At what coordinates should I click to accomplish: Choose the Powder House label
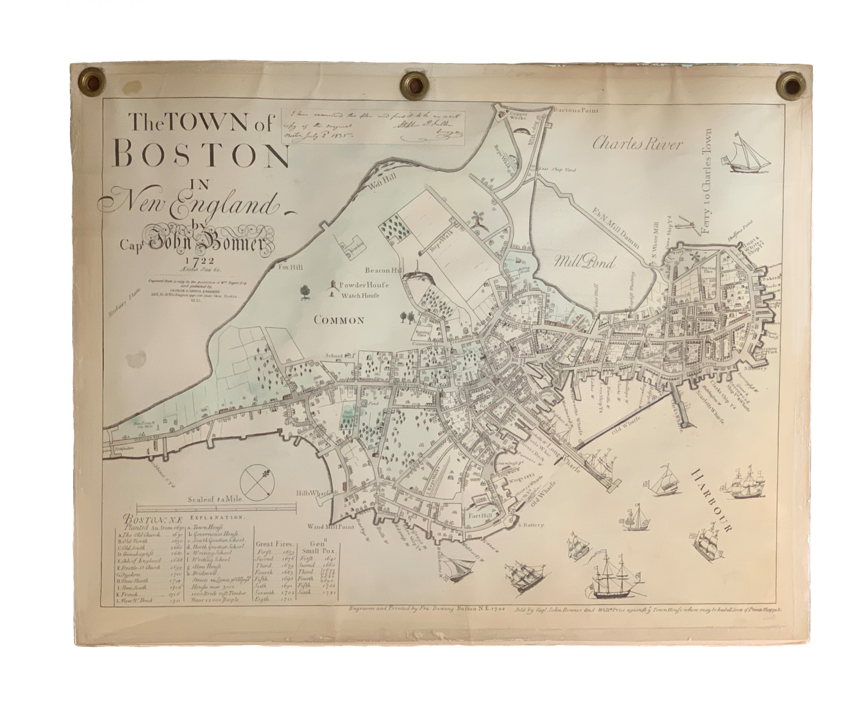point(364,285)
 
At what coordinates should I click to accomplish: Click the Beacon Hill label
point(385,270)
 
